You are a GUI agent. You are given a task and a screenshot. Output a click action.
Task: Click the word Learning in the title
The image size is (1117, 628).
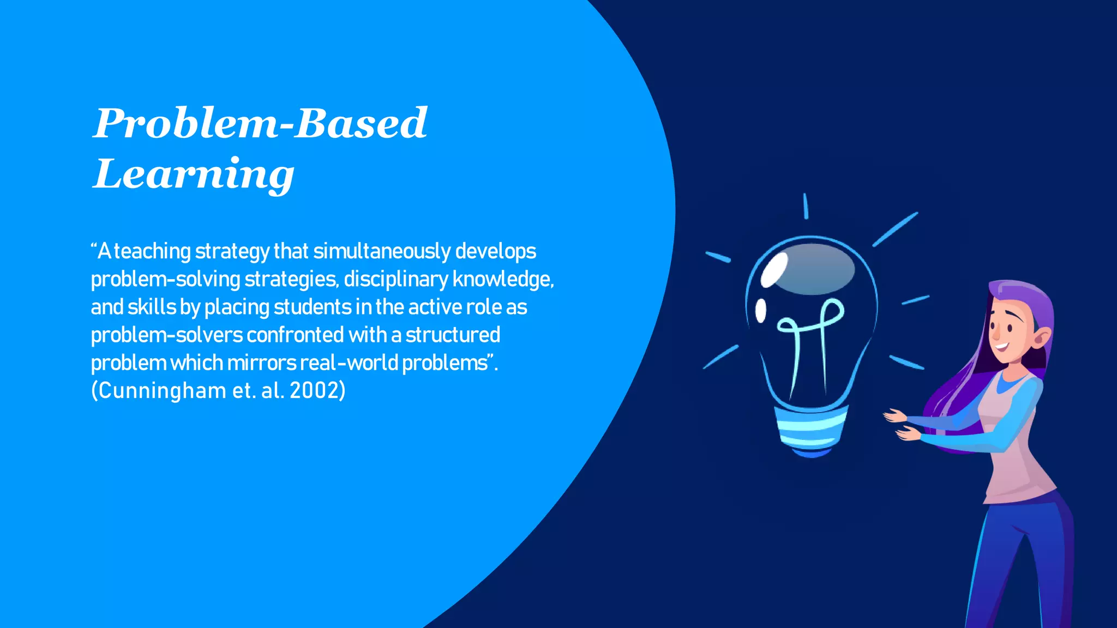pyautogui.click(x=194, y=174)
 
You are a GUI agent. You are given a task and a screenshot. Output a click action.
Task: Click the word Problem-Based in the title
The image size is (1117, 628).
pyautogui.click(x=260, y=123)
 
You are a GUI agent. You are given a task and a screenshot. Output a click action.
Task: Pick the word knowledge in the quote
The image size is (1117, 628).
pyautogui.click(x=502, y=280)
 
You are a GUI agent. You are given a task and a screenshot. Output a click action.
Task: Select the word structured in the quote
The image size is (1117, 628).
pyautogui.click(x=453, y=335)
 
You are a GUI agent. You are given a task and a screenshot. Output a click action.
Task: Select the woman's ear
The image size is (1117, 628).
pyautogui.click(x=1041, y=337)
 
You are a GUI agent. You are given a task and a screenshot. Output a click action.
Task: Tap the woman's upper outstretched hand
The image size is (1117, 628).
pyautogui.click(x=894, y=416)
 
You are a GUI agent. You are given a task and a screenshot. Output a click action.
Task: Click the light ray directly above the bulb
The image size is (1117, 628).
pyautogui.click(x=806, y=206)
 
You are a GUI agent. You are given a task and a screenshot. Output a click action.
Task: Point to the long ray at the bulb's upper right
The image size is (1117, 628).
pyautogui.click(x=895, y=229)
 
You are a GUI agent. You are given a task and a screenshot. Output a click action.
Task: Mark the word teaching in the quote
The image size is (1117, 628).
pyautogui.click(x=152, y=252)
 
